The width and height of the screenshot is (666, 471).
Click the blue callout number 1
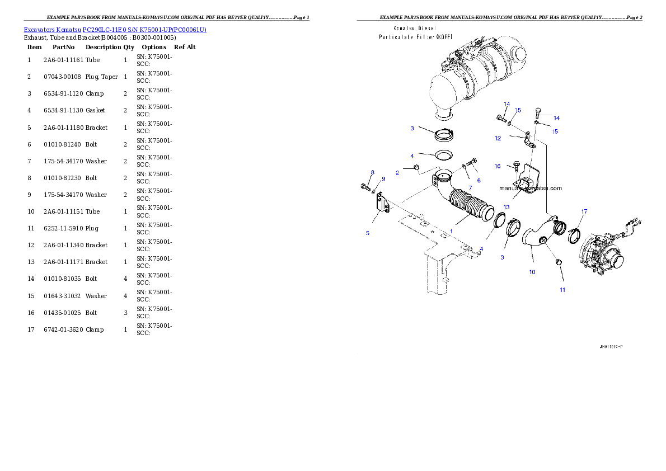pos(451,230)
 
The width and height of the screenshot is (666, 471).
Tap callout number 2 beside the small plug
pos(397,173)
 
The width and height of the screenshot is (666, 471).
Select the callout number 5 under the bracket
pos(368,233)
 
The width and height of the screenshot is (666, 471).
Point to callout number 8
pos(372,172)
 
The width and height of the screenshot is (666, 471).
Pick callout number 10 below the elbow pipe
pos(532,272)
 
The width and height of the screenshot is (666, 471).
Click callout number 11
pos(562,290)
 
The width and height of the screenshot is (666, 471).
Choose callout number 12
pos(498,138)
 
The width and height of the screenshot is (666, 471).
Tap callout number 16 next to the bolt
pos(498,166)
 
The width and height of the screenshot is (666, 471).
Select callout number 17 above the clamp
pos(584,211)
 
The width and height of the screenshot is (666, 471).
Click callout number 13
pos(506,206)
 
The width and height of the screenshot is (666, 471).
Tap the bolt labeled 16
pos(516,166)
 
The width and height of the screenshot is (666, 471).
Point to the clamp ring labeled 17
pos(574,236)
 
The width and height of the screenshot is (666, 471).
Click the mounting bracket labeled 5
pos(382,202)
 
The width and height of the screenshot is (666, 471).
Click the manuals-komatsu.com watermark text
pos(530,189)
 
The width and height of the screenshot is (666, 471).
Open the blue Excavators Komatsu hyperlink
pos(115,29)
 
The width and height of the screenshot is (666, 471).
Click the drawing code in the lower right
pos(611,347)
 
